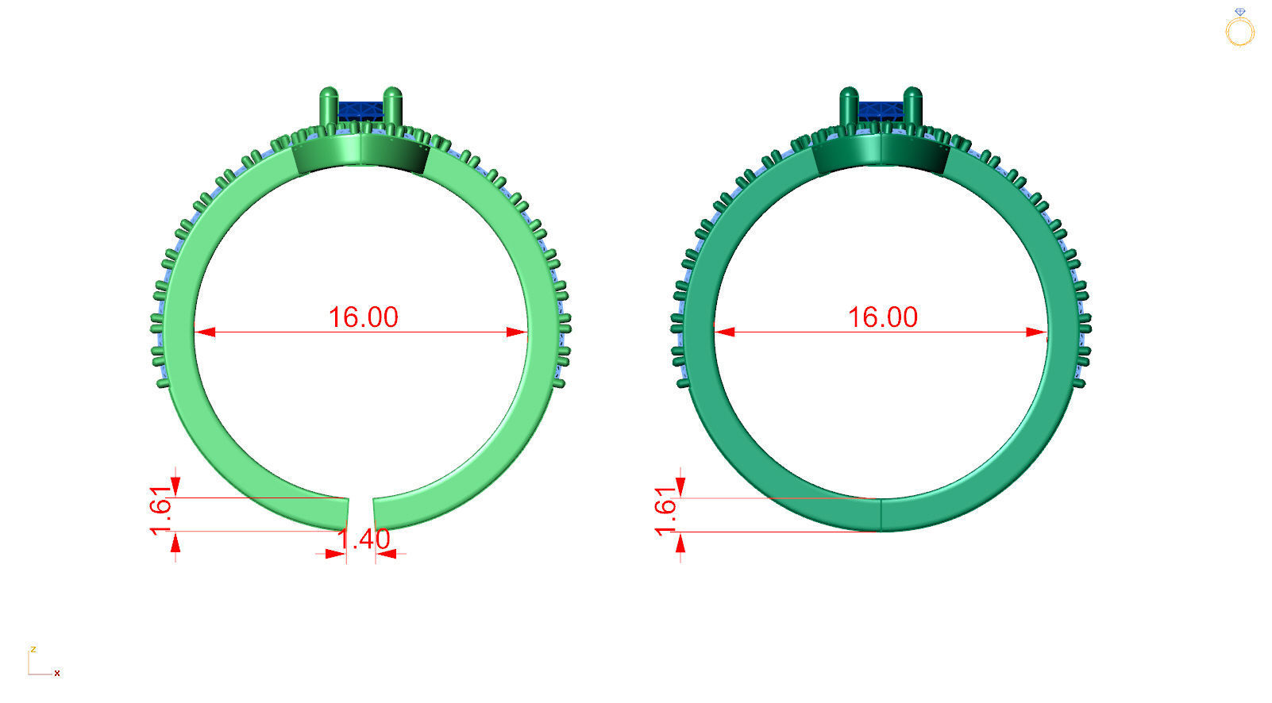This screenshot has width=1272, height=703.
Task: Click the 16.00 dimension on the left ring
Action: click(x=363, y=317)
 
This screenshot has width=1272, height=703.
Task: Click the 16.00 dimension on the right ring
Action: click(x=882, y=317)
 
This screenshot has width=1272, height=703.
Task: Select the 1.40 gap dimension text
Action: click(x=364, y=539)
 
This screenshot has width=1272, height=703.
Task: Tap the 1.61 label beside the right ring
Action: click(x=665, y=511)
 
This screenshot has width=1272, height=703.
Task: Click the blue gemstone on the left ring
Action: click(x=361, y=109)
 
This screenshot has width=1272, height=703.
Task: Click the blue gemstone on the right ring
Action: click(x=881, y=109)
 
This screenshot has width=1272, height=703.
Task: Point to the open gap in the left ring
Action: click(x=360, y=512)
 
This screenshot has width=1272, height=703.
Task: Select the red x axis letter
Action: click(x=57, y=673)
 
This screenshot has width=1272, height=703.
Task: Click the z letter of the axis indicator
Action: click(x=33, y=649)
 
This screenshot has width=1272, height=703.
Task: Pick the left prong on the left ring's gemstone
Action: click(x=329, y=106)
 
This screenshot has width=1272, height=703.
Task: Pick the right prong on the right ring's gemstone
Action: click(x=913, y=106)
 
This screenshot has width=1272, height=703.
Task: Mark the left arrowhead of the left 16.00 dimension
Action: click(x=204, y=332)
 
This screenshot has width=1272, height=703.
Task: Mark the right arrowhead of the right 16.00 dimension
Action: click(x=1037, y=332)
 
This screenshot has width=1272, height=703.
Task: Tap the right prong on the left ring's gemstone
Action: click(x=393, y=106)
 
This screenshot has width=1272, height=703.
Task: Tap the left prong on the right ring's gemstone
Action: click(x=849, y=106)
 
